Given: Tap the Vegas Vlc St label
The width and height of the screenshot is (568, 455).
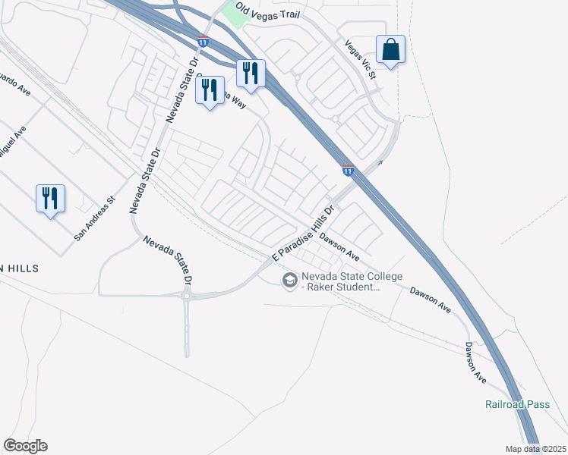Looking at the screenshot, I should click(360, 59).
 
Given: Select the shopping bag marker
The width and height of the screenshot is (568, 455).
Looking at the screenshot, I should click(390, 50).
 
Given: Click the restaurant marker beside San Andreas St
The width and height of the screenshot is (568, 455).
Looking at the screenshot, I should click(50, 199).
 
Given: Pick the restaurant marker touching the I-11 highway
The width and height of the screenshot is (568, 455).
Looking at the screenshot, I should click(251, 74).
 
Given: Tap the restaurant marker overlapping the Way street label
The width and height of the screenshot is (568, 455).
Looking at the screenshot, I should click(210, 90).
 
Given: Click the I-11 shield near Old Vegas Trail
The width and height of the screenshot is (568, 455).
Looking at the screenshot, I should click(202, 42).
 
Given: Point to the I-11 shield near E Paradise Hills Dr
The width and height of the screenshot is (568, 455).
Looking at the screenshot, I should click(348, 172).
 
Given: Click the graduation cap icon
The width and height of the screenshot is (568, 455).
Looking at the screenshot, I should click(289, 281).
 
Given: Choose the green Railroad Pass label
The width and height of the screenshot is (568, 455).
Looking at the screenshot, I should click(517, 404).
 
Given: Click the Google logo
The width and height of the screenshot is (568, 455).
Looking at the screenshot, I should click(25, 446).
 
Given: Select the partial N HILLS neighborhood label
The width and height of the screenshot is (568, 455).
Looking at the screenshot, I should click(18, 268).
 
